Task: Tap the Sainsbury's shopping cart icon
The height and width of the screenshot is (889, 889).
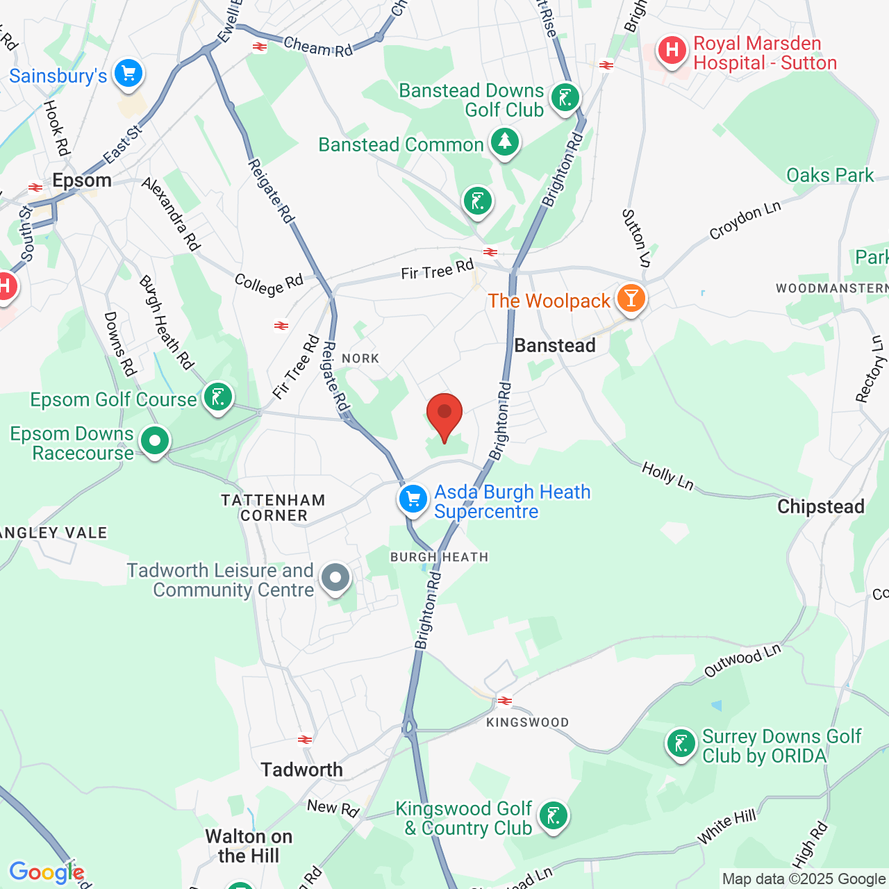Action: point(128,73)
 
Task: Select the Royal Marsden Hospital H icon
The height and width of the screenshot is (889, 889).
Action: point(672,51)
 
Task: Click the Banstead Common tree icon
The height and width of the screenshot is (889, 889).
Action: point(505,142)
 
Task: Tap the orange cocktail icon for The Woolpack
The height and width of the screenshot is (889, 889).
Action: point(631,298)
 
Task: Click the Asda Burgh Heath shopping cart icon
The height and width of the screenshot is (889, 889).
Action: point(413,499)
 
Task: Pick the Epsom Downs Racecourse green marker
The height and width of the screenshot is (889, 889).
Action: point(155,440)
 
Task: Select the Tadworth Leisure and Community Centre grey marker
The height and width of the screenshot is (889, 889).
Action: point(336,577)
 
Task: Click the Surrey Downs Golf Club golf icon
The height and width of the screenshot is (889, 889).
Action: point(681,745)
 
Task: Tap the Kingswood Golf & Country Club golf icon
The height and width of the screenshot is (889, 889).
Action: point(554,815)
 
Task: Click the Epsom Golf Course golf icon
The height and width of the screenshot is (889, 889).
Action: point(218,397)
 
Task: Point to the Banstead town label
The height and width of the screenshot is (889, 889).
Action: point(555,346)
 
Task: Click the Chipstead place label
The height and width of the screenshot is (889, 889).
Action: point(820,506)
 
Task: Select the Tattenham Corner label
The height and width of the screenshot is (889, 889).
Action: point(273,508)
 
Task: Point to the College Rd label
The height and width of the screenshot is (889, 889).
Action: point(269,284)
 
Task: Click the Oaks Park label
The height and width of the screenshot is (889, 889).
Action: point(829,175)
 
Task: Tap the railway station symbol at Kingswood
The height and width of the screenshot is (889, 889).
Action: point(505,701)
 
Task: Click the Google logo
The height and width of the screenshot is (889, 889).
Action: point(46,872)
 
